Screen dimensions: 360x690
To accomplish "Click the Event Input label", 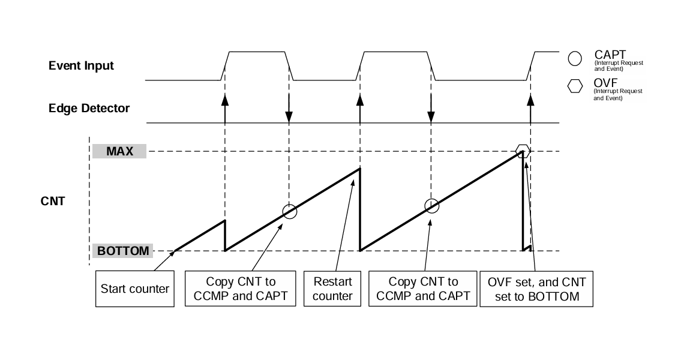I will coord(81,65).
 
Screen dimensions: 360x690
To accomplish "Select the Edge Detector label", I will coord(89,109).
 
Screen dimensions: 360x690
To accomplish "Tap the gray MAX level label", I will coord(119,151).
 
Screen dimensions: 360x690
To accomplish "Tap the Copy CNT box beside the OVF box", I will coord(423,289).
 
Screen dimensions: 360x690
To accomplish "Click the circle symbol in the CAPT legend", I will coord(575,58).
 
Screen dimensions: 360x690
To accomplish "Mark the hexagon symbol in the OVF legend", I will coord(575,87).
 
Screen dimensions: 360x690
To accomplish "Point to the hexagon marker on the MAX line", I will coord(523,149).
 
